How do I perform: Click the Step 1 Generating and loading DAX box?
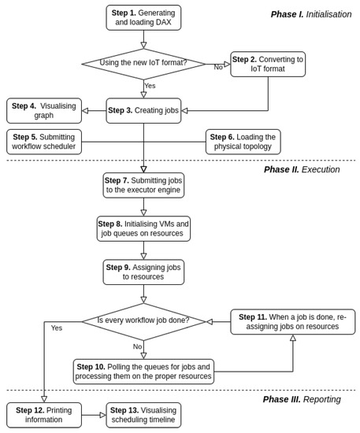tap(143, 18)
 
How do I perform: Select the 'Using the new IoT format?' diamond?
tap(143, 63)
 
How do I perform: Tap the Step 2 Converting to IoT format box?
tap(268, 64)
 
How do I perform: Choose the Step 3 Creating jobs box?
tap(143, 110)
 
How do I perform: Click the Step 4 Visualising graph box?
tap(44, 110)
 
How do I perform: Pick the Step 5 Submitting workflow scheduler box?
tap(44, 142)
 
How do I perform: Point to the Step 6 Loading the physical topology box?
tap(243, 142)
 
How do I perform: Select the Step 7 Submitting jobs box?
tap(143, 185)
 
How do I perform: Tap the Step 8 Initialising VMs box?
tap(143, 228)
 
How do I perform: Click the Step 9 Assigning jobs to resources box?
tap(143, 272)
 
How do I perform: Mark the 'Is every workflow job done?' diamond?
tap(143, 321)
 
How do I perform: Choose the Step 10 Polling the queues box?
tap(143, 372)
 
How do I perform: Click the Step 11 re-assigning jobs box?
tap(292, 321)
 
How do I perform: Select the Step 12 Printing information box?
tap(44, 415)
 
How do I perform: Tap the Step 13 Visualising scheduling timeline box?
tap(143, 415)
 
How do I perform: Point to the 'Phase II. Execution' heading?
tap(302, 169)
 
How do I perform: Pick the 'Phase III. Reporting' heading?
tap(302, 399)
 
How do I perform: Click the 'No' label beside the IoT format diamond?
tap(218, 68)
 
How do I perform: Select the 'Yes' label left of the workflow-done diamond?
tap(57, 328)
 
